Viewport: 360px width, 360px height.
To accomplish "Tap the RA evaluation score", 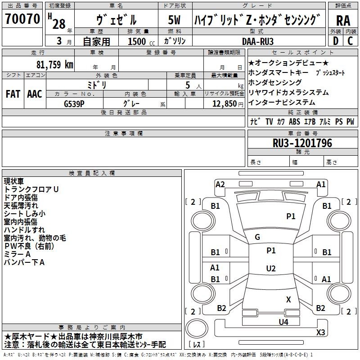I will (x=343, y=20).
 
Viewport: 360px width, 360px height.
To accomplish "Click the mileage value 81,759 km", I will (x=54, y=64).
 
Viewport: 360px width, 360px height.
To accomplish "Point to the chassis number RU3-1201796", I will (x=302, y=144).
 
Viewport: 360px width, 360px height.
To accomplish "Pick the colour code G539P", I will (x=75, y=103).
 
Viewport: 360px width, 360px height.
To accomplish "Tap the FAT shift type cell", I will (x=13, y=94).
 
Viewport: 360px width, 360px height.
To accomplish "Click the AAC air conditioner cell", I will (x=34, y=94).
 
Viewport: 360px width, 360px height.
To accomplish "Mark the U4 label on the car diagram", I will (x=283, y=322).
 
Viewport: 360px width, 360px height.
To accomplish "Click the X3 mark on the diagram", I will (x=320, y=333).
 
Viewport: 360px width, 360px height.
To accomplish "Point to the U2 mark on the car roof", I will (x=270, y=269).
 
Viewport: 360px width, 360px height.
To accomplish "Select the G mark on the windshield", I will (x=257, y=237).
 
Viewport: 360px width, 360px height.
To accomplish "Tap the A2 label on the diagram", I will (x=220, y=184).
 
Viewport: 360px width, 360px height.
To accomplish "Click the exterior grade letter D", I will (x=335, y=41).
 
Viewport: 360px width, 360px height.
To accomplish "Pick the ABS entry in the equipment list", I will (x=294, y=122).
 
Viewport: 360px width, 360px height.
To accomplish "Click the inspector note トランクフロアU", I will (x=31, y=189).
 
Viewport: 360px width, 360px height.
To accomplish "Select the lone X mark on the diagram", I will (x=288, y=299).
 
